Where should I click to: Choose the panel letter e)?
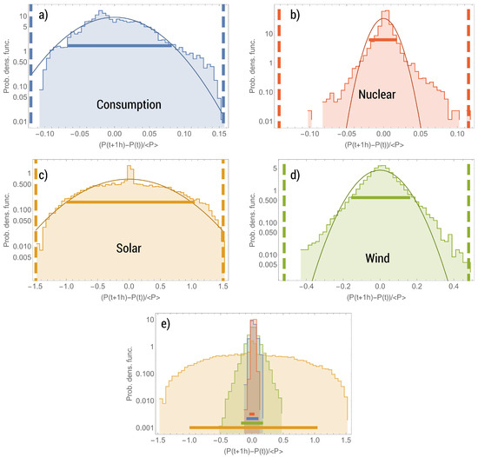tap(160, 325)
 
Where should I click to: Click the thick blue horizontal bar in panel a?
tap(120, 45)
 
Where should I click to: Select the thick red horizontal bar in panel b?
tap(383, 40)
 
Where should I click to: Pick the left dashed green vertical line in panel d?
tap(282, 217)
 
